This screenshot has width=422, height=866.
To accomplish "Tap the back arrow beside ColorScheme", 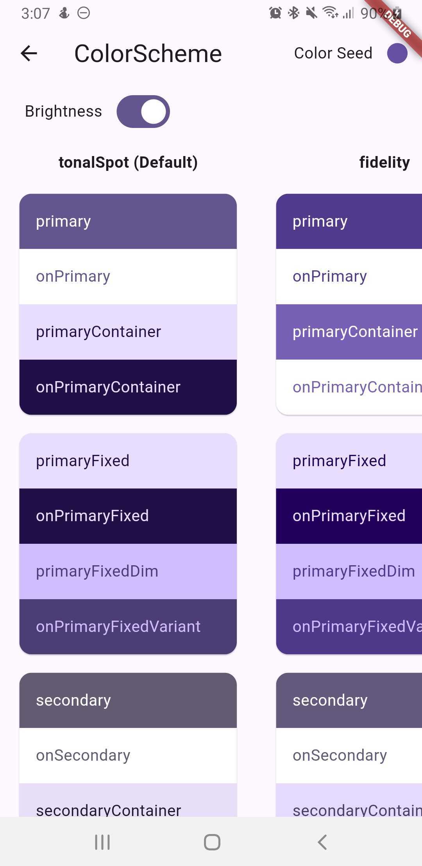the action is tap(29, 53).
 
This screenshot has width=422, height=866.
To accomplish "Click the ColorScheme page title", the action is tap(148, 53).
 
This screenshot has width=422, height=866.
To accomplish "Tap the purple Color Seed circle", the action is tap(397, 53).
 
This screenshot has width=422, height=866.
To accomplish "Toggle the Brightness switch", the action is tap(143, 112).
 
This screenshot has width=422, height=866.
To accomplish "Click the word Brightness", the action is tap(63, 112).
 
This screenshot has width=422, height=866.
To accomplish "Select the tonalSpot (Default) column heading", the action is tap(128, 162).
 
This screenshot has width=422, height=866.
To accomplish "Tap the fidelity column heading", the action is tap(384, 162).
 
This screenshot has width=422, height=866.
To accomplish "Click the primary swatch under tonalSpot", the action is tap(128, 222).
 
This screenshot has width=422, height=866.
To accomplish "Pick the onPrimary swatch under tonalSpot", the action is tap(128, 277).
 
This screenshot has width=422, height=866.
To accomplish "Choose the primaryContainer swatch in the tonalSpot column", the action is tap(128, 332).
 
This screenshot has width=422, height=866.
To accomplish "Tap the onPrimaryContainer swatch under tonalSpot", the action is tap(128, 387).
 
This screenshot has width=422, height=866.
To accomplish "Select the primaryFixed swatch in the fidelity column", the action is tap(349, 461).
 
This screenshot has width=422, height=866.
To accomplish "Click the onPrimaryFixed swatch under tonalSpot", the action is tap(128, 516).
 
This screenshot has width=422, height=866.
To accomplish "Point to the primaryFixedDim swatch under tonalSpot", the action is tap(128, 571).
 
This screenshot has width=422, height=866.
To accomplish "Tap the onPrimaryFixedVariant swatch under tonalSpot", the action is tap(128, 626).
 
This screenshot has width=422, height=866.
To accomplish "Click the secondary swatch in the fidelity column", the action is tap(349, 700).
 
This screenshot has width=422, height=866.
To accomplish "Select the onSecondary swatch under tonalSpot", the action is tap(128, 756).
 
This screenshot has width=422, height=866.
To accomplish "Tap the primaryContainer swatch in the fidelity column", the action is tap(349, 332).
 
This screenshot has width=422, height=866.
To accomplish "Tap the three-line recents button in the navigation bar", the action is tap(102, 842).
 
